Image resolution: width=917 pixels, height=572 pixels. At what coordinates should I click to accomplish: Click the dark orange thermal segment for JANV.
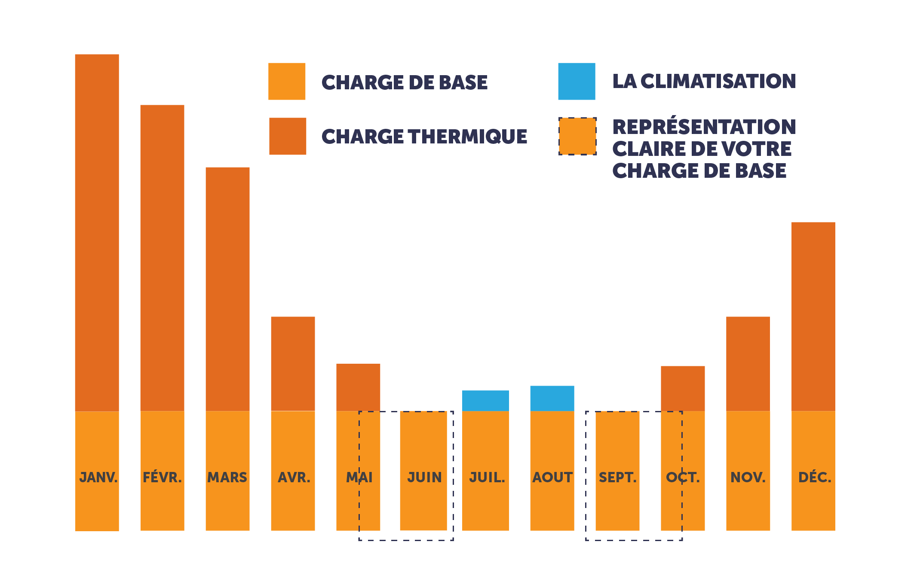tap(97, 232)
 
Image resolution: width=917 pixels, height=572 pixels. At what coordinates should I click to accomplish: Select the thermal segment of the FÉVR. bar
tap(162, 258)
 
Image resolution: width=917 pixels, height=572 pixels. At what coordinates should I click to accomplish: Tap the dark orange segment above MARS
tap(227, 289)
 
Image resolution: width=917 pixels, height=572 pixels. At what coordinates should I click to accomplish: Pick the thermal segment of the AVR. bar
tap(293, 363)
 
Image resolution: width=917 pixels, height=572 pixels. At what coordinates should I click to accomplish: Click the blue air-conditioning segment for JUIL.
tap(485, 400)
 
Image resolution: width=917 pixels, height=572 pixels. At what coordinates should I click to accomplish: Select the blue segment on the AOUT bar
tap(552, 398)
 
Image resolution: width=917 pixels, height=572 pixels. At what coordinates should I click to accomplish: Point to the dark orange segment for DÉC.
tap(813, 316)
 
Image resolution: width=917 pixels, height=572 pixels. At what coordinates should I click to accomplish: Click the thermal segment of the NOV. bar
tap(748, 363)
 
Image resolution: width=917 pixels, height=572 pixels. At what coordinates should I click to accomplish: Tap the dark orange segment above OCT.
tap(682, 388)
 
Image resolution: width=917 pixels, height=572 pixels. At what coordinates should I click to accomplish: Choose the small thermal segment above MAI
tap(358, 387)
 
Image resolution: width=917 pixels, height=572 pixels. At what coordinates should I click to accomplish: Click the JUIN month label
tap(424, 477)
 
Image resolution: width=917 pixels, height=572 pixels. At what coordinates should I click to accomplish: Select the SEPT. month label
tap(617, 477)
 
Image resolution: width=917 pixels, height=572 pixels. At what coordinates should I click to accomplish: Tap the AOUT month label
tap(552, 477)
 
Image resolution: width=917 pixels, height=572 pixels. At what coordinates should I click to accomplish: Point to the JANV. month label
tap(98, 477)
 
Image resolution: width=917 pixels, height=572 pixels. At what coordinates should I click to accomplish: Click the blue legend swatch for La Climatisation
tap(577, 81)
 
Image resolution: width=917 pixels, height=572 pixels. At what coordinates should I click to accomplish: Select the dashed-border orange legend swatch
tap(577, 136)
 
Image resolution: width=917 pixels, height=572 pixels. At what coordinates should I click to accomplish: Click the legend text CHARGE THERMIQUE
tap(424, 137)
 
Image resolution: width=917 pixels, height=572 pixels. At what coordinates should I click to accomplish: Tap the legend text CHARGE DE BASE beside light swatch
tap(404, 82)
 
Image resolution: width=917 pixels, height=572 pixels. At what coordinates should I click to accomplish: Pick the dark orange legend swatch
tap(287, 136)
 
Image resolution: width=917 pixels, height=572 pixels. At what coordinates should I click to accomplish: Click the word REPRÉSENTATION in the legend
tap(704, 127)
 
